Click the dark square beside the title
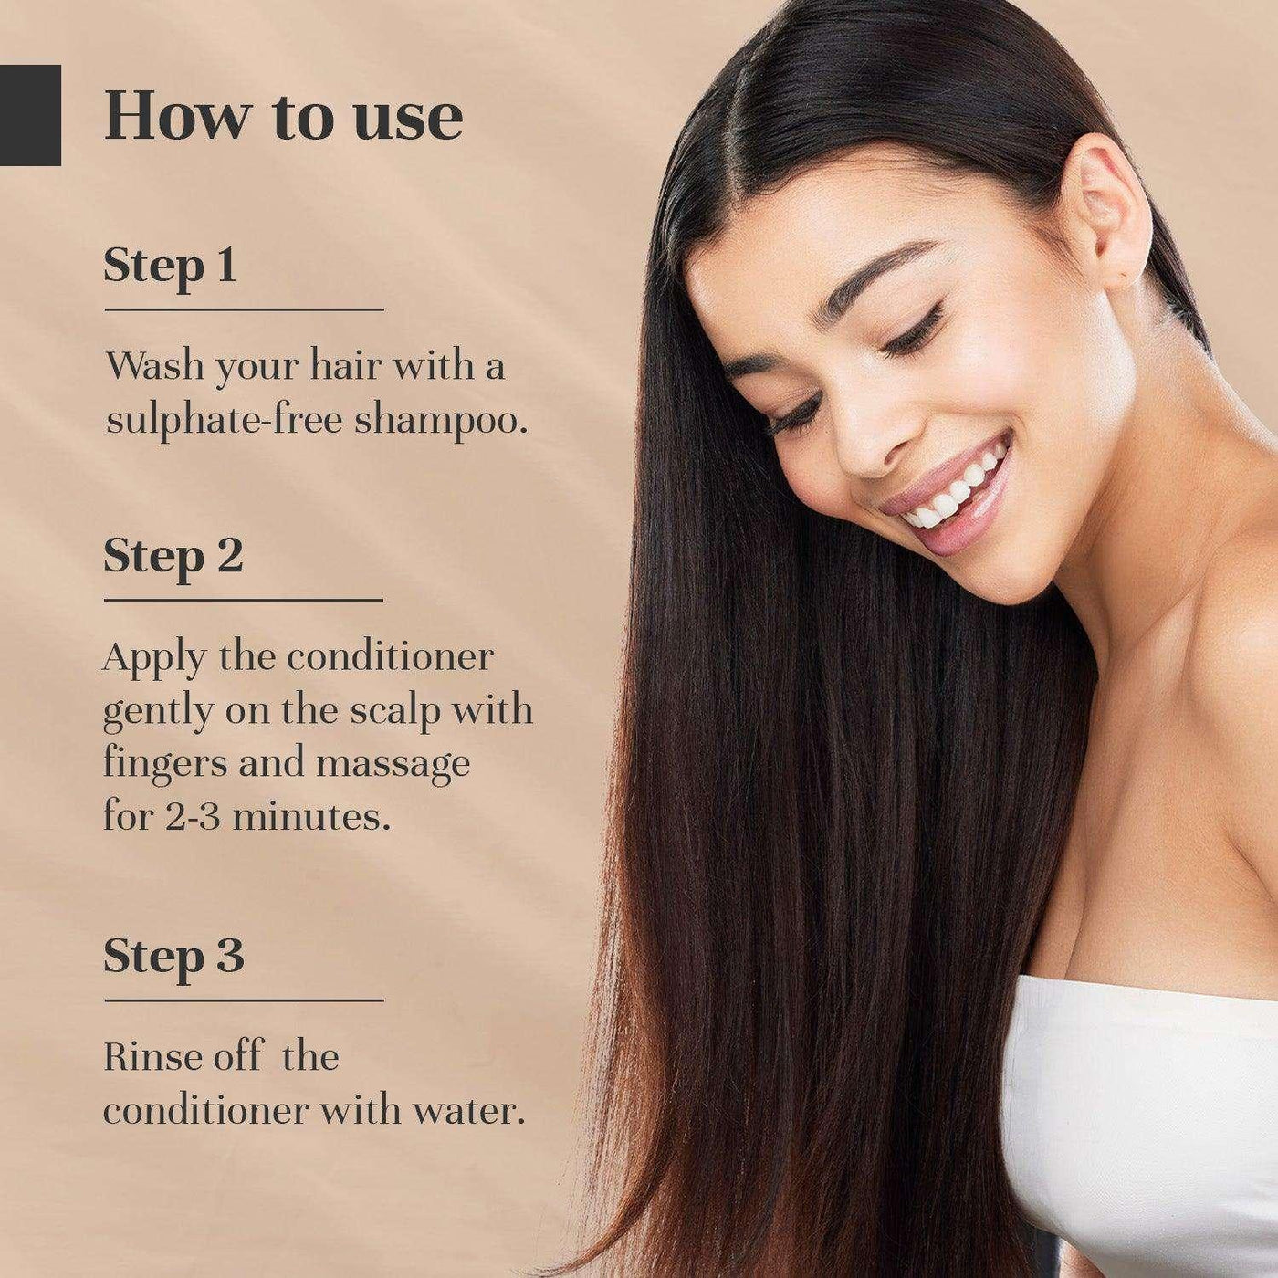point(30,115)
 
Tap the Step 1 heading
point(170,267)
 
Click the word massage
point(393,765)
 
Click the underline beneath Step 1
point(244,309)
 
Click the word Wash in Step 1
point(154,365)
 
